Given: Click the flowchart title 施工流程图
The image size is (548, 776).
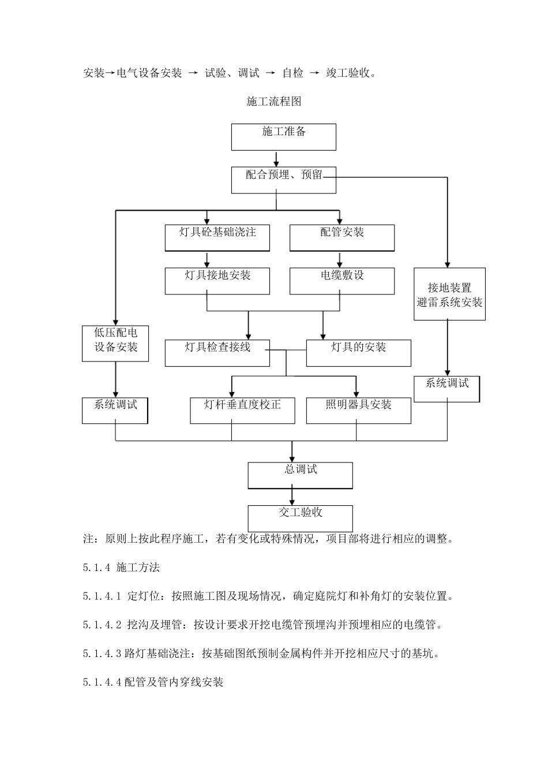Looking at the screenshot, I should coord(274,102).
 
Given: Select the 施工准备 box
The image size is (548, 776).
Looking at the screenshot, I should coord(283,137).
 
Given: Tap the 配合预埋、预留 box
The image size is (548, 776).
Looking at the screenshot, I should coord(283,180).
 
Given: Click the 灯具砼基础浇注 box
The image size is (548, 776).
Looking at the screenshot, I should coord(217,238).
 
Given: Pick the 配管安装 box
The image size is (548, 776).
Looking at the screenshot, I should coord(341,238).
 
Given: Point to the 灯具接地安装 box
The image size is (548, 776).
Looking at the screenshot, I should coord(217,281).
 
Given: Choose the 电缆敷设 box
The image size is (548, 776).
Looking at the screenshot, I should coord(341,281).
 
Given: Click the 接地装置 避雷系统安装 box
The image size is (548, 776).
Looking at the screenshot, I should coord(449,294).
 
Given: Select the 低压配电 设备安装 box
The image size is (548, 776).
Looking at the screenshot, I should coord(115,344).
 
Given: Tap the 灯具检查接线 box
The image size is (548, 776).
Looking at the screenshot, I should coord(217,353).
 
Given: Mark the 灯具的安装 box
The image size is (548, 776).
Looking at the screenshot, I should coord(358,353).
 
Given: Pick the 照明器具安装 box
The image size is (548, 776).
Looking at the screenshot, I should coord(358,410).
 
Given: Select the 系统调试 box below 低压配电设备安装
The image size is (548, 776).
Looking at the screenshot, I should coord(115,410).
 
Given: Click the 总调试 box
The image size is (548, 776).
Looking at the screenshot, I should coord(300,475).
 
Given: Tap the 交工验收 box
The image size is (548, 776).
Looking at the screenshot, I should coord(300,518).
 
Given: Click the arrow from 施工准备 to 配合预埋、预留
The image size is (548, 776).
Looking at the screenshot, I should coord(276,159).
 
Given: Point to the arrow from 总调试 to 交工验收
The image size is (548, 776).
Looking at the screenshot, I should coord(292,496).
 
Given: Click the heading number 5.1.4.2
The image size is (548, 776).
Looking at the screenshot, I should coord(102,625).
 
